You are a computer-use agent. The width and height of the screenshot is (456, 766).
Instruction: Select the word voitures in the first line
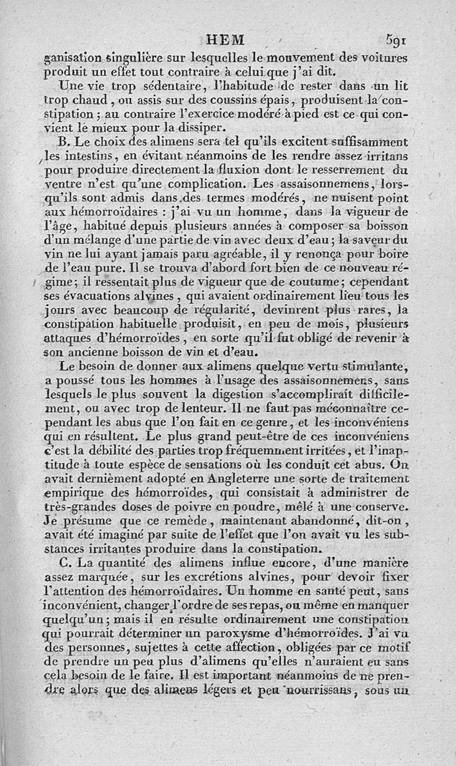click(385, 57)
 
